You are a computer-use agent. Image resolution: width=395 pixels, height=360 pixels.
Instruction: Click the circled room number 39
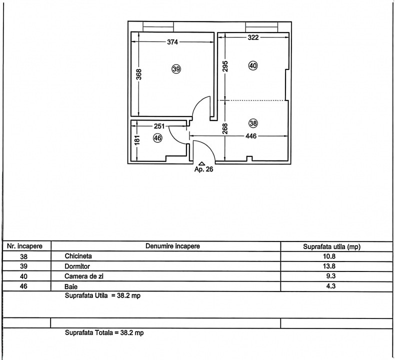coord(176,69)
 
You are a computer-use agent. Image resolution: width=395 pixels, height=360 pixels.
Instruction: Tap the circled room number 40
coord(253,66)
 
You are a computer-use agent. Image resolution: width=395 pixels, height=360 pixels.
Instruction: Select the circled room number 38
coord(253,123)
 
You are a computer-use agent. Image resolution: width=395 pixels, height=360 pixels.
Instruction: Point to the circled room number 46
coord(157,138)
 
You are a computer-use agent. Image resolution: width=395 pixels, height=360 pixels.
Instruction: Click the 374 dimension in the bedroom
coord(172,42)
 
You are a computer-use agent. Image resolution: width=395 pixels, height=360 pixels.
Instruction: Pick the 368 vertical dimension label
coord(139,74)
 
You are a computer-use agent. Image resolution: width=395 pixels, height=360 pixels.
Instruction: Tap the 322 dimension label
coord(253,37)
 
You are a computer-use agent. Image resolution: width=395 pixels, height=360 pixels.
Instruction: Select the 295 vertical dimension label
coord(225,66)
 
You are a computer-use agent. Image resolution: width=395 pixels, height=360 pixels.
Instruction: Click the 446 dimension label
coord(251,136)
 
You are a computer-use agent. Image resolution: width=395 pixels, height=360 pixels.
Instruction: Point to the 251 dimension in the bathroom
coord(159,126)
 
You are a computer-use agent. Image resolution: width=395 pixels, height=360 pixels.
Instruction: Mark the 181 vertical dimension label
coord(137,140)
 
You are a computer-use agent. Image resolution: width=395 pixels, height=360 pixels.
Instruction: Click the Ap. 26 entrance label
coord(204,169)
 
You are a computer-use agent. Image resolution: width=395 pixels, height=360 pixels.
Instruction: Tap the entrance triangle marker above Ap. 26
coord(202,163)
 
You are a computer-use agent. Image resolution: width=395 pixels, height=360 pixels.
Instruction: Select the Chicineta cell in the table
coord(78,256)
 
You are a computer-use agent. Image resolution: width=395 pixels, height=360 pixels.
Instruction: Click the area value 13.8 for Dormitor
coord(329,266)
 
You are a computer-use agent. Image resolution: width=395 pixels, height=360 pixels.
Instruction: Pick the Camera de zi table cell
coord(84,276)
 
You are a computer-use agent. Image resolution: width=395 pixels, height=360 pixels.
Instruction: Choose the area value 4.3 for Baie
coord(331,286)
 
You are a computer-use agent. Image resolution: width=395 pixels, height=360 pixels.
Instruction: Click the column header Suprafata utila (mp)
coord(332,246)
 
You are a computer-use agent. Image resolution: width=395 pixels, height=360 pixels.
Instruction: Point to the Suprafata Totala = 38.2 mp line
coord(104,332)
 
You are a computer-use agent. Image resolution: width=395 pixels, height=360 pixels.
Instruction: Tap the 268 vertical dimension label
coord(225,128)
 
